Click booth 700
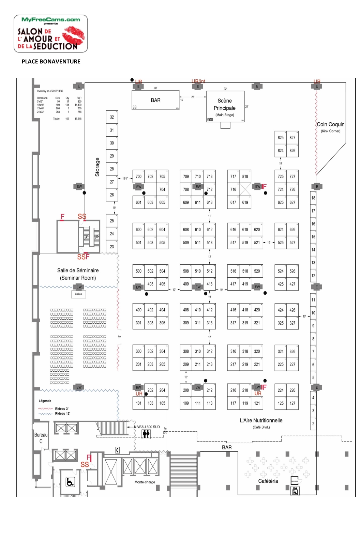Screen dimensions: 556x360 pos(138,176)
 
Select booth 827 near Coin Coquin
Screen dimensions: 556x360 pos(292,138)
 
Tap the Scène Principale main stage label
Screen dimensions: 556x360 pos(225,105)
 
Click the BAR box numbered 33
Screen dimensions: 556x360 pos(155,100)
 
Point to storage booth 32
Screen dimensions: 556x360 pos(112,117)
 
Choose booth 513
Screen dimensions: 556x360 pos(209,243)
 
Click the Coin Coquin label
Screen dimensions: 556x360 pos(330,125)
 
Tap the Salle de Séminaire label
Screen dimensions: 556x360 pos(78,274)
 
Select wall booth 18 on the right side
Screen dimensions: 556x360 pos(313,198)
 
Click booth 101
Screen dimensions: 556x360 pos(138,403)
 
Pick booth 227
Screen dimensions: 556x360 pos(292,364)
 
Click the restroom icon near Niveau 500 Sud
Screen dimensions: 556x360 pos(146,434)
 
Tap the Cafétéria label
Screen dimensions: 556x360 pos(268,481)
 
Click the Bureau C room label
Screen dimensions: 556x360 pos(41,438)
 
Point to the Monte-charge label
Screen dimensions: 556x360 pos(145,482)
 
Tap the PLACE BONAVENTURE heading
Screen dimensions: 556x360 pos(51,62)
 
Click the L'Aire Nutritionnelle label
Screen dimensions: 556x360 pos(261,420)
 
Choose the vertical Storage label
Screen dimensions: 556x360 pos(97,167)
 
